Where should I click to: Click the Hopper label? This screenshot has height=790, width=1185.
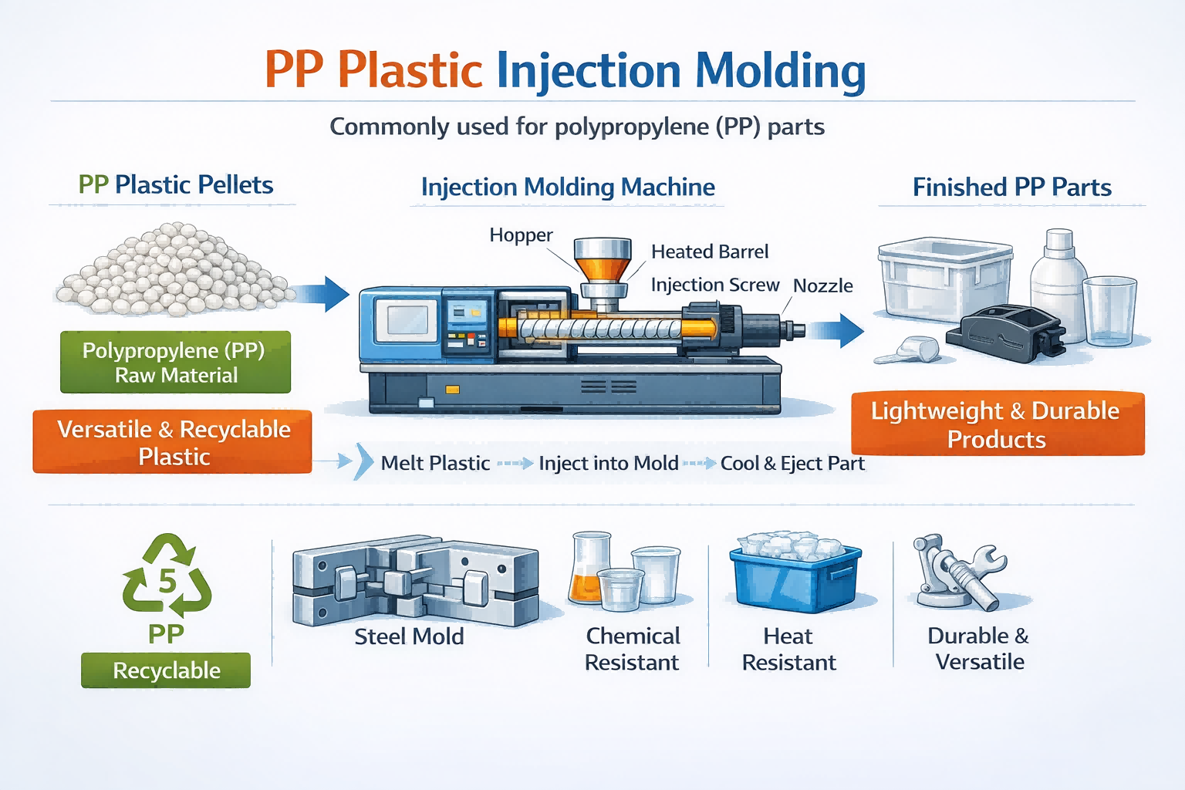521,235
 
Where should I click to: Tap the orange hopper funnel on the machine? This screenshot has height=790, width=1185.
603,267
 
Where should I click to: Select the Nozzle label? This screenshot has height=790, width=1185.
822,286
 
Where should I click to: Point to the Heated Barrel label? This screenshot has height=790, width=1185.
710,252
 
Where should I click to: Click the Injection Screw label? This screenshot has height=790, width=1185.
714,285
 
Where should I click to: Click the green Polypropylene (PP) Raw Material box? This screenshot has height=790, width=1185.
175,363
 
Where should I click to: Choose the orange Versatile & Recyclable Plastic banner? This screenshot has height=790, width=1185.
173,442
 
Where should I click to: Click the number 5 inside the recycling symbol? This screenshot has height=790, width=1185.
167,580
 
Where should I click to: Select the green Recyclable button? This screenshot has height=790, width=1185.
166,670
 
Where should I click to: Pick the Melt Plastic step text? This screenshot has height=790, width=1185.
435,464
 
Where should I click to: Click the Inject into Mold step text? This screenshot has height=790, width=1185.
608,464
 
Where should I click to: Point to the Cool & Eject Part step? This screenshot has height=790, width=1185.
792,464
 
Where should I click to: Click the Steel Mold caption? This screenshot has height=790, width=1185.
409,637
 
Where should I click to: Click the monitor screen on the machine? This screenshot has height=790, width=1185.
407,319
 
